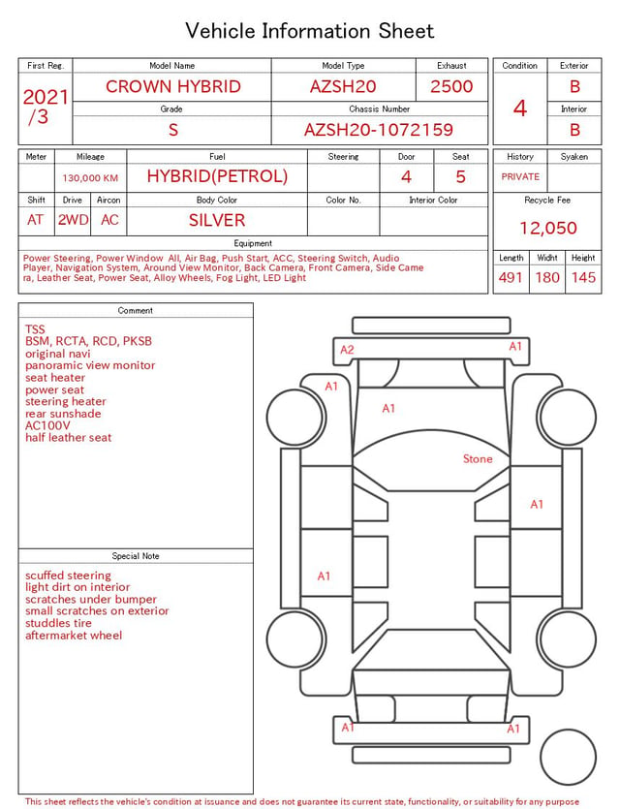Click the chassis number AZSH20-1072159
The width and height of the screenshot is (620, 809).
pyautogui.click(x=379, y=130)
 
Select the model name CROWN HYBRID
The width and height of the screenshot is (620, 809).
pyautogui.click(x=173, y=86)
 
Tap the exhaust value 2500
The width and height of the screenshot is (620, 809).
pyautogui.click(x=451, y=86)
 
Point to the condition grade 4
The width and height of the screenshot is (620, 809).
pyautogui.click(x=520, y=109)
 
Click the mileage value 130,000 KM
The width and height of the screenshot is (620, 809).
pyautogui.click(x=90, y=178)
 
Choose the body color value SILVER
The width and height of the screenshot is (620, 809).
pyautogui.click(x=217, y=220)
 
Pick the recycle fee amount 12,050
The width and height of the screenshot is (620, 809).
pyautogui.click(x=547, y=228)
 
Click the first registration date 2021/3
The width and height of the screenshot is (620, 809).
pyautogui.click(x=46, y=107)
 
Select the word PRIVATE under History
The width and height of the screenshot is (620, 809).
pyautogui.click(x=520, y=176)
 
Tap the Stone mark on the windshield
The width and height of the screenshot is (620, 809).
pyautogui.click(x=478, y=458)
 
